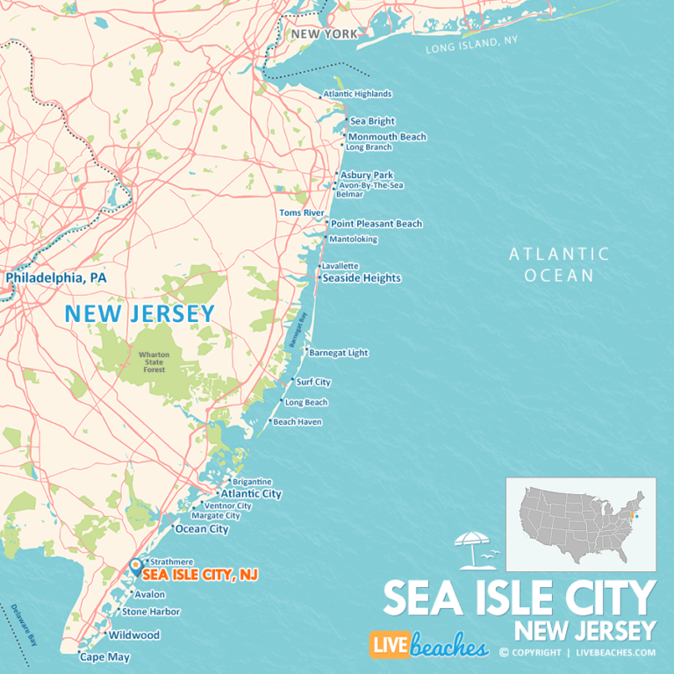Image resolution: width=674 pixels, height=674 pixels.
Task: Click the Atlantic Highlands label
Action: point(357,94)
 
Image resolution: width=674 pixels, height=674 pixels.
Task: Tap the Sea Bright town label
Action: point(372,121)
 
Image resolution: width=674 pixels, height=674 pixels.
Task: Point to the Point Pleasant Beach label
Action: point(376,224)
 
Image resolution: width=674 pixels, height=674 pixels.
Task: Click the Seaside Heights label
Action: point(361,278)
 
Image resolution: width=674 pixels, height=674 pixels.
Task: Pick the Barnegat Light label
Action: point(338,353)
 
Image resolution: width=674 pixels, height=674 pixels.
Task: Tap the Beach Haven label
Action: point(297,422)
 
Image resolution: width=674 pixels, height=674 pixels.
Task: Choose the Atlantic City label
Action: point(251,494)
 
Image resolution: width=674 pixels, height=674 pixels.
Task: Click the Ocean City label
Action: point(202,529)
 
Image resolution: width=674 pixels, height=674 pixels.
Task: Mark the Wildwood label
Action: point(134,635)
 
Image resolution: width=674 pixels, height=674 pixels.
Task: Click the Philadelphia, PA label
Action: point(56,277)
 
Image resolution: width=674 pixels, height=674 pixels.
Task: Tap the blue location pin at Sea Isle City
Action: point(134,567)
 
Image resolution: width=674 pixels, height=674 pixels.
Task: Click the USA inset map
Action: point(580,524)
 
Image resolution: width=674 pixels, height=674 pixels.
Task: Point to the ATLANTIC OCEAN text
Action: point(560,264)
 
